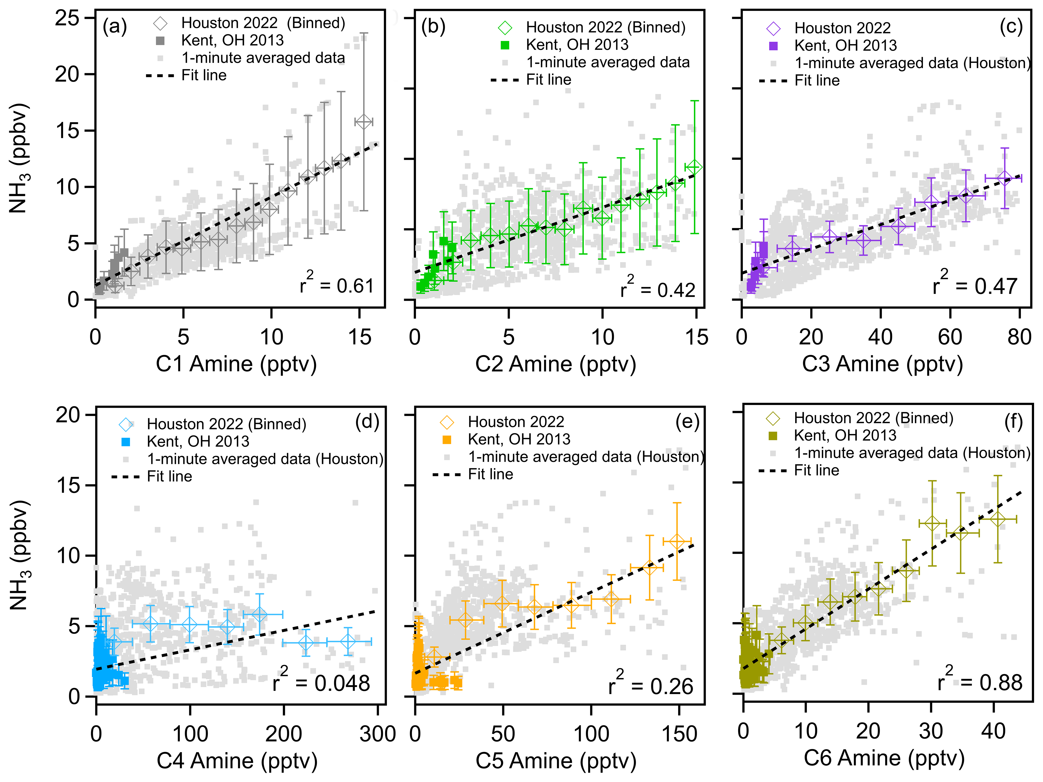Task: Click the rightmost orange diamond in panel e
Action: coord(677,542)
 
